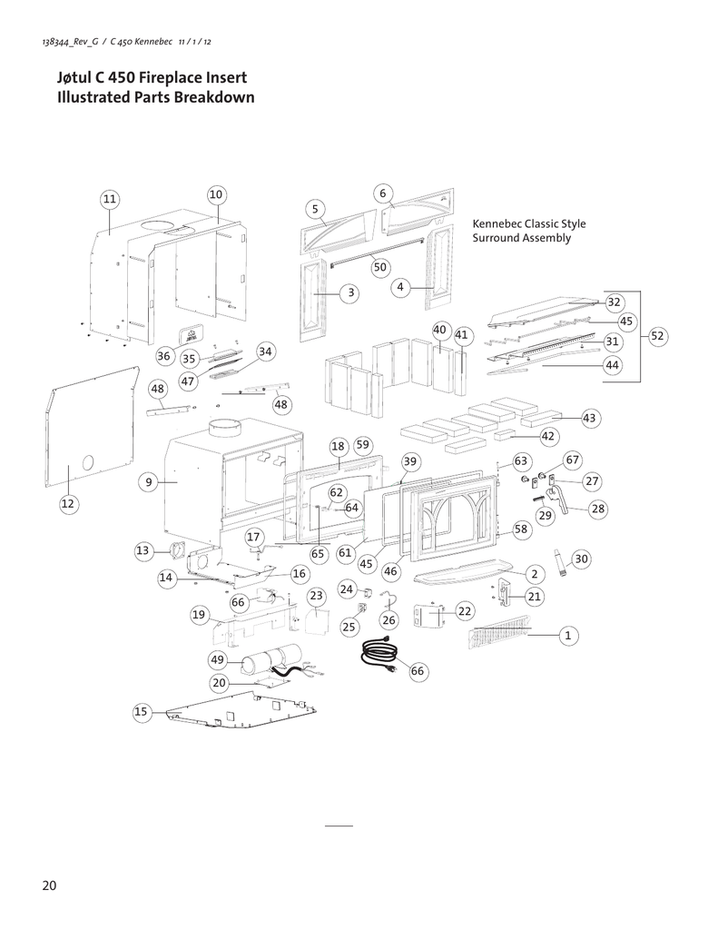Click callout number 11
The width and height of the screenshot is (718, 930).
(x=109, y=198)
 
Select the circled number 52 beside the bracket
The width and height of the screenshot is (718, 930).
(x=658, y=336)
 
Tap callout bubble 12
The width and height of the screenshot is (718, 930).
(x=68, y=502)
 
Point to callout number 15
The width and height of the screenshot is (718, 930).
(x=141, y=712)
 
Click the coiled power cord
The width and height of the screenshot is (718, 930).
(x=379, y=657)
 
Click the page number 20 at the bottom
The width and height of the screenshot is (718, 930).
(x=49, y=885)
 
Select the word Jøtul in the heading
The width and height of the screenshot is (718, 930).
(x=76, y=79)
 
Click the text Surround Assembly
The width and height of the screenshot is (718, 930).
(x=522, y=239)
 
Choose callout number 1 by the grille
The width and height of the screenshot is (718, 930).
(x=567, y=635)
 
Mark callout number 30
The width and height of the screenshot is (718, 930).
(x=581, y=559)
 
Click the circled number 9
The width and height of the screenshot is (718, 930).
(x=147, y=482)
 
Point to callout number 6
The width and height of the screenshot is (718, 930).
(x=383, y=193)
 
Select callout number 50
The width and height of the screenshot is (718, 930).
(x=380, y=267)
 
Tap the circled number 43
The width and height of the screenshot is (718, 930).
(x=589, y=417)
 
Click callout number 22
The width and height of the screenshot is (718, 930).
(x=465, y=611)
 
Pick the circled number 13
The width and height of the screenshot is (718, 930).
(x=143, y=550)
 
